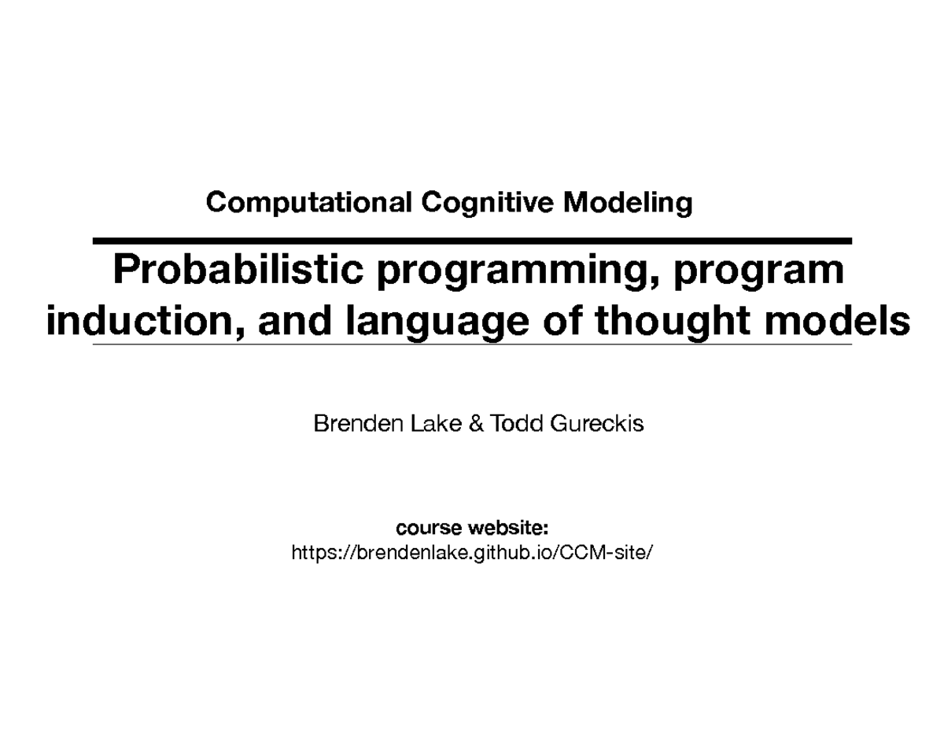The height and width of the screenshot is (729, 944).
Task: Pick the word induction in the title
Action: (x=138, y=322)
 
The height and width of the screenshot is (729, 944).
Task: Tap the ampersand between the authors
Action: (x=477, y=425)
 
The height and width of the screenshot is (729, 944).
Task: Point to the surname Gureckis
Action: (x=598, y=425)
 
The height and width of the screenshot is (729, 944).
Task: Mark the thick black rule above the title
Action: (x=472, y=240)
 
